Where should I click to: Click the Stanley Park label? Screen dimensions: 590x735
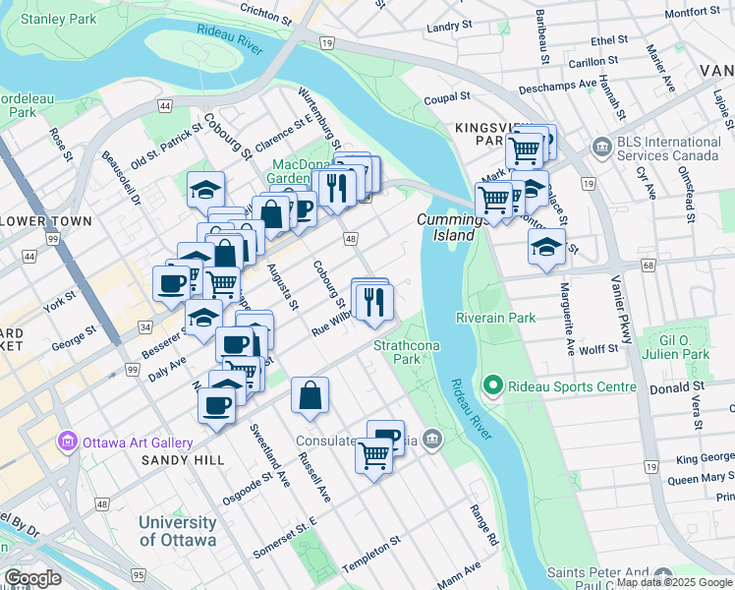coord(58,19)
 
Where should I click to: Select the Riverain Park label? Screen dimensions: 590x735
coord(496,318)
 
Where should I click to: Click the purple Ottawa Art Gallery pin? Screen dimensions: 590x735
coord(67,442)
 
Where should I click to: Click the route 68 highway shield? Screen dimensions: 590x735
coord(648,265)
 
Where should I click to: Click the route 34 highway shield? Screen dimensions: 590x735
coord(145,326)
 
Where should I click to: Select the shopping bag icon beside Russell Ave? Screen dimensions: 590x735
coord(310,395)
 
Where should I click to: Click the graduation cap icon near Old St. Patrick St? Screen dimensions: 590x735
coord(206,189)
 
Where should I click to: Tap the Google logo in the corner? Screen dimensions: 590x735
coord(33,578)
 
